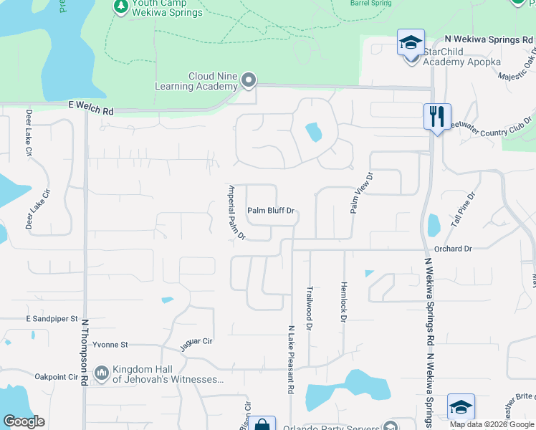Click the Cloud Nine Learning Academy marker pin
(x=249, y=80)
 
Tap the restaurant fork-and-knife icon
(x=436, y=116)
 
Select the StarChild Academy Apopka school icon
(x=411, y=43)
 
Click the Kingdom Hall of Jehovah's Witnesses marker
(x=101, y=373)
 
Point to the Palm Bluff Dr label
(x=272, y=211)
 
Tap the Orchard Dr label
(x=453, y=249)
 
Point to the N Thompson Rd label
(x=85, y=353)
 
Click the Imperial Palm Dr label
(x=236, y=212)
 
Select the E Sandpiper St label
(x=52, y=318)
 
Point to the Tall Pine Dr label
(x=464, y=210)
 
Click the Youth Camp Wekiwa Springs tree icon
(x=121, y=6)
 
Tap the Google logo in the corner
(x=24, y=421)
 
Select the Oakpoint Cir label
(x=56, y=376)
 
